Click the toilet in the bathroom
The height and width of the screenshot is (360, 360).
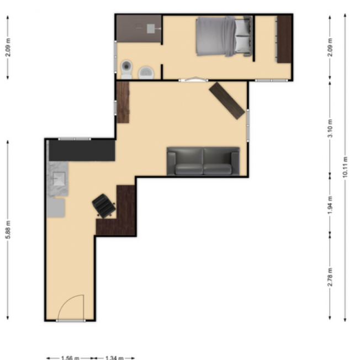pos(126,68)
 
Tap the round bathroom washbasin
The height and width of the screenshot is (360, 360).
pos(146,72)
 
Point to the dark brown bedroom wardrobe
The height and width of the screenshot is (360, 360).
pos(284,39)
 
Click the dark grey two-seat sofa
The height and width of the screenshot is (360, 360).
pos(203,161)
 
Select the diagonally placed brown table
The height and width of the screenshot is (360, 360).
pos(227,100)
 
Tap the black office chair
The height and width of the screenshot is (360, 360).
pos(104,205)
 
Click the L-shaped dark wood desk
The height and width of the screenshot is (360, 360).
pos(121,215)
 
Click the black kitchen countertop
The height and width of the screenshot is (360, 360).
pos(82,150)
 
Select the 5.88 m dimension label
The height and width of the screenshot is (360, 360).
pos(8,230)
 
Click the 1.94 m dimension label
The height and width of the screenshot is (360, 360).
pos(330,205)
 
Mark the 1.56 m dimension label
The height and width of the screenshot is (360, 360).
pos(69,358)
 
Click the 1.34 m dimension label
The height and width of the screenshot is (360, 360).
pos(113,358)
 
